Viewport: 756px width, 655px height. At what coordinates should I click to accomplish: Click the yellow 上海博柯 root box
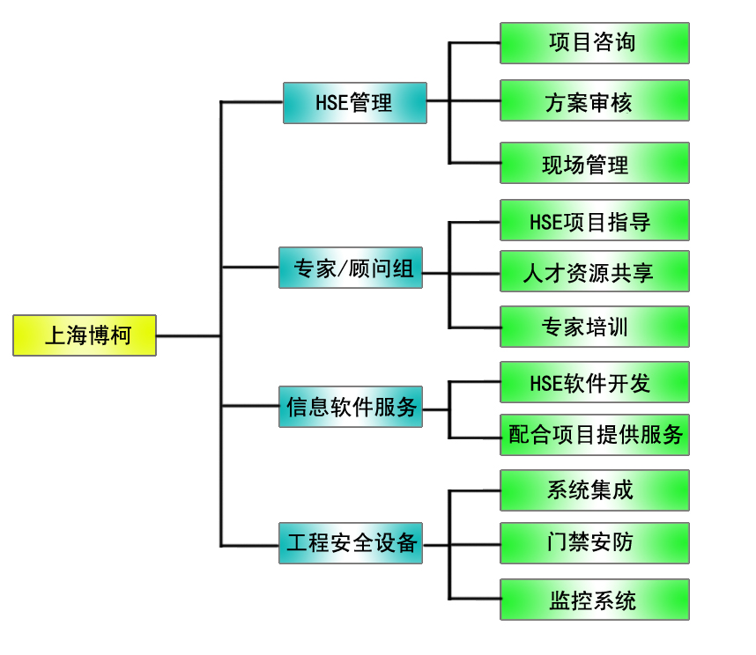click(85, 335)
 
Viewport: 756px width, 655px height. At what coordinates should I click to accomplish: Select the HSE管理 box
click(354, 103)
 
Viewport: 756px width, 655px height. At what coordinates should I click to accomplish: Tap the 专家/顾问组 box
click(350, 268)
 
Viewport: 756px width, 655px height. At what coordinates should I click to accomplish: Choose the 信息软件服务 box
click(351, 407)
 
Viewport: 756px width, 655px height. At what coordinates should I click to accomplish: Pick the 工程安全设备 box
click(351, 543)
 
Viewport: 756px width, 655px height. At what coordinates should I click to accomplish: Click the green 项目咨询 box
click(594, 43)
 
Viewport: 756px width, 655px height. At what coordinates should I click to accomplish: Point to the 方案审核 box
click(594, 101)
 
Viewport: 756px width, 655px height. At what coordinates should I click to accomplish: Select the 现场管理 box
click(594, 163)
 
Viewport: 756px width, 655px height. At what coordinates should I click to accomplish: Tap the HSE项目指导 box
click(594, 220)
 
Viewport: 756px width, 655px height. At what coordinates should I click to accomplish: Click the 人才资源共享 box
click(594, 272)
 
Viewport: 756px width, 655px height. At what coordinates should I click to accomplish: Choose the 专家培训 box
click(594, 327)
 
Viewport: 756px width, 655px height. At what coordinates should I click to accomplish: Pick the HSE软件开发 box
click(594, 382)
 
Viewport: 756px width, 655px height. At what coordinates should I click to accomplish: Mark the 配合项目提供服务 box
click(594, 435)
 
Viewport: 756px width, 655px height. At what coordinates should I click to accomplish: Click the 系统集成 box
click(594, 490)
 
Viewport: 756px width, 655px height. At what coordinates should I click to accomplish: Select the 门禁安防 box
click(594, 543)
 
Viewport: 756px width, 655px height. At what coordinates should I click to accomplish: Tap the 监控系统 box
click(594, 600)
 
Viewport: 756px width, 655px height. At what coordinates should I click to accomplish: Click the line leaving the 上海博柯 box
click(188, 335)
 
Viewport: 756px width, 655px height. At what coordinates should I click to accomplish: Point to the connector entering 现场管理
click(474, 163)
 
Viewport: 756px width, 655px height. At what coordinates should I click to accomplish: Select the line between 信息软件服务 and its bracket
click(435, 408)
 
